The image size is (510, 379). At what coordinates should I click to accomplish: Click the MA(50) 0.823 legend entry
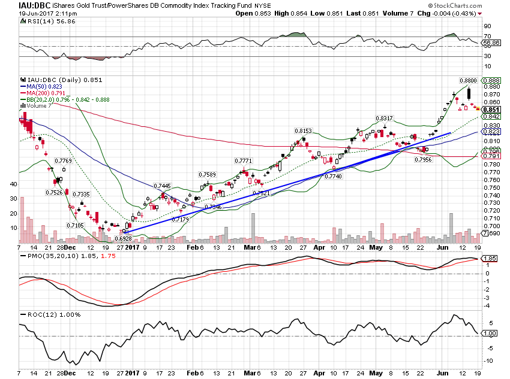tap(44, 86)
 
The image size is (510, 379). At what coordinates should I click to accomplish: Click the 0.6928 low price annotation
tap(122, 238)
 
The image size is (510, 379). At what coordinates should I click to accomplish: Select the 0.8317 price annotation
tap(384, 118)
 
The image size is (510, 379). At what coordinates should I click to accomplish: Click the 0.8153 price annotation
tap(302, 131)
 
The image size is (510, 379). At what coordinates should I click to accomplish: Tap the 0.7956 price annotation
tap(424, 159)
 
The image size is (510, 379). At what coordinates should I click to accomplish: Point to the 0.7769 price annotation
tap(63, 161)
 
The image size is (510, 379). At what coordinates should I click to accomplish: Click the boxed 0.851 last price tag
tap(491, 110)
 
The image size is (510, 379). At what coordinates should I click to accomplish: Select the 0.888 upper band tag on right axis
tap(491, 80)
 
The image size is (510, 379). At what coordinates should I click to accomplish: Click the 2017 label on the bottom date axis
tap(133, 247)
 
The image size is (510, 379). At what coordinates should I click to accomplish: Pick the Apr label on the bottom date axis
tap(319, 247)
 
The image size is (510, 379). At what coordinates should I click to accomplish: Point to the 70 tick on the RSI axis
tap(488, 37)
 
